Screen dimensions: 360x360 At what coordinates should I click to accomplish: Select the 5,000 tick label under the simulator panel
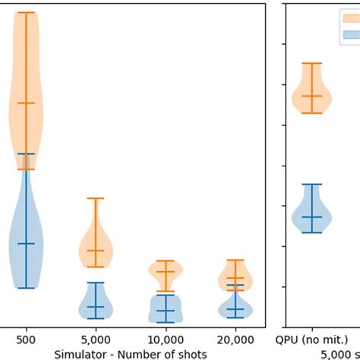point(96,339)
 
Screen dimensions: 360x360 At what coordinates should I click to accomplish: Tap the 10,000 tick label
point(166,339)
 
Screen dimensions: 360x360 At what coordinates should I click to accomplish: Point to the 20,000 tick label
point(235,339)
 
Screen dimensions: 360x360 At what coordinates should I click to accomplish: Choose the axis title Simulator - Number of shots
point(131,353)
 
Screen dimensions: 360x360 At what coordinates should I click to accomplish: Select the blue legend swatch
point(350,34)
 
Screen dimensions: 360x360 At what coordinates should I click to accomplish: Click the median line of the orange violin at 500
point(26,103)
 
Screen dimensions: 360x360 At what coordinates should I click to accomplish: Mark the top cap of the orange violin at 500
point(26,13)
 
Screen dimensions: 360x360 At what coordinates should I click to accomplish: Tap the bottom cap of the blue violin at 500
point(26,288)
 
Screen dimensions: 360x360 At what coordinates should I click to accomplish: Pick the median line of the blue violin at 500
point(26,243)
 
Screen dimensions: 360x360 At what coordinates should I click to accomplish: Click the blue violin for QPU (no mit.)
point(312,213)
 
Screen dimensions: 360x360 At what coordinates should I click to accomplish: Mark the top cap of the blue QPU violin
point(312,185)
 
